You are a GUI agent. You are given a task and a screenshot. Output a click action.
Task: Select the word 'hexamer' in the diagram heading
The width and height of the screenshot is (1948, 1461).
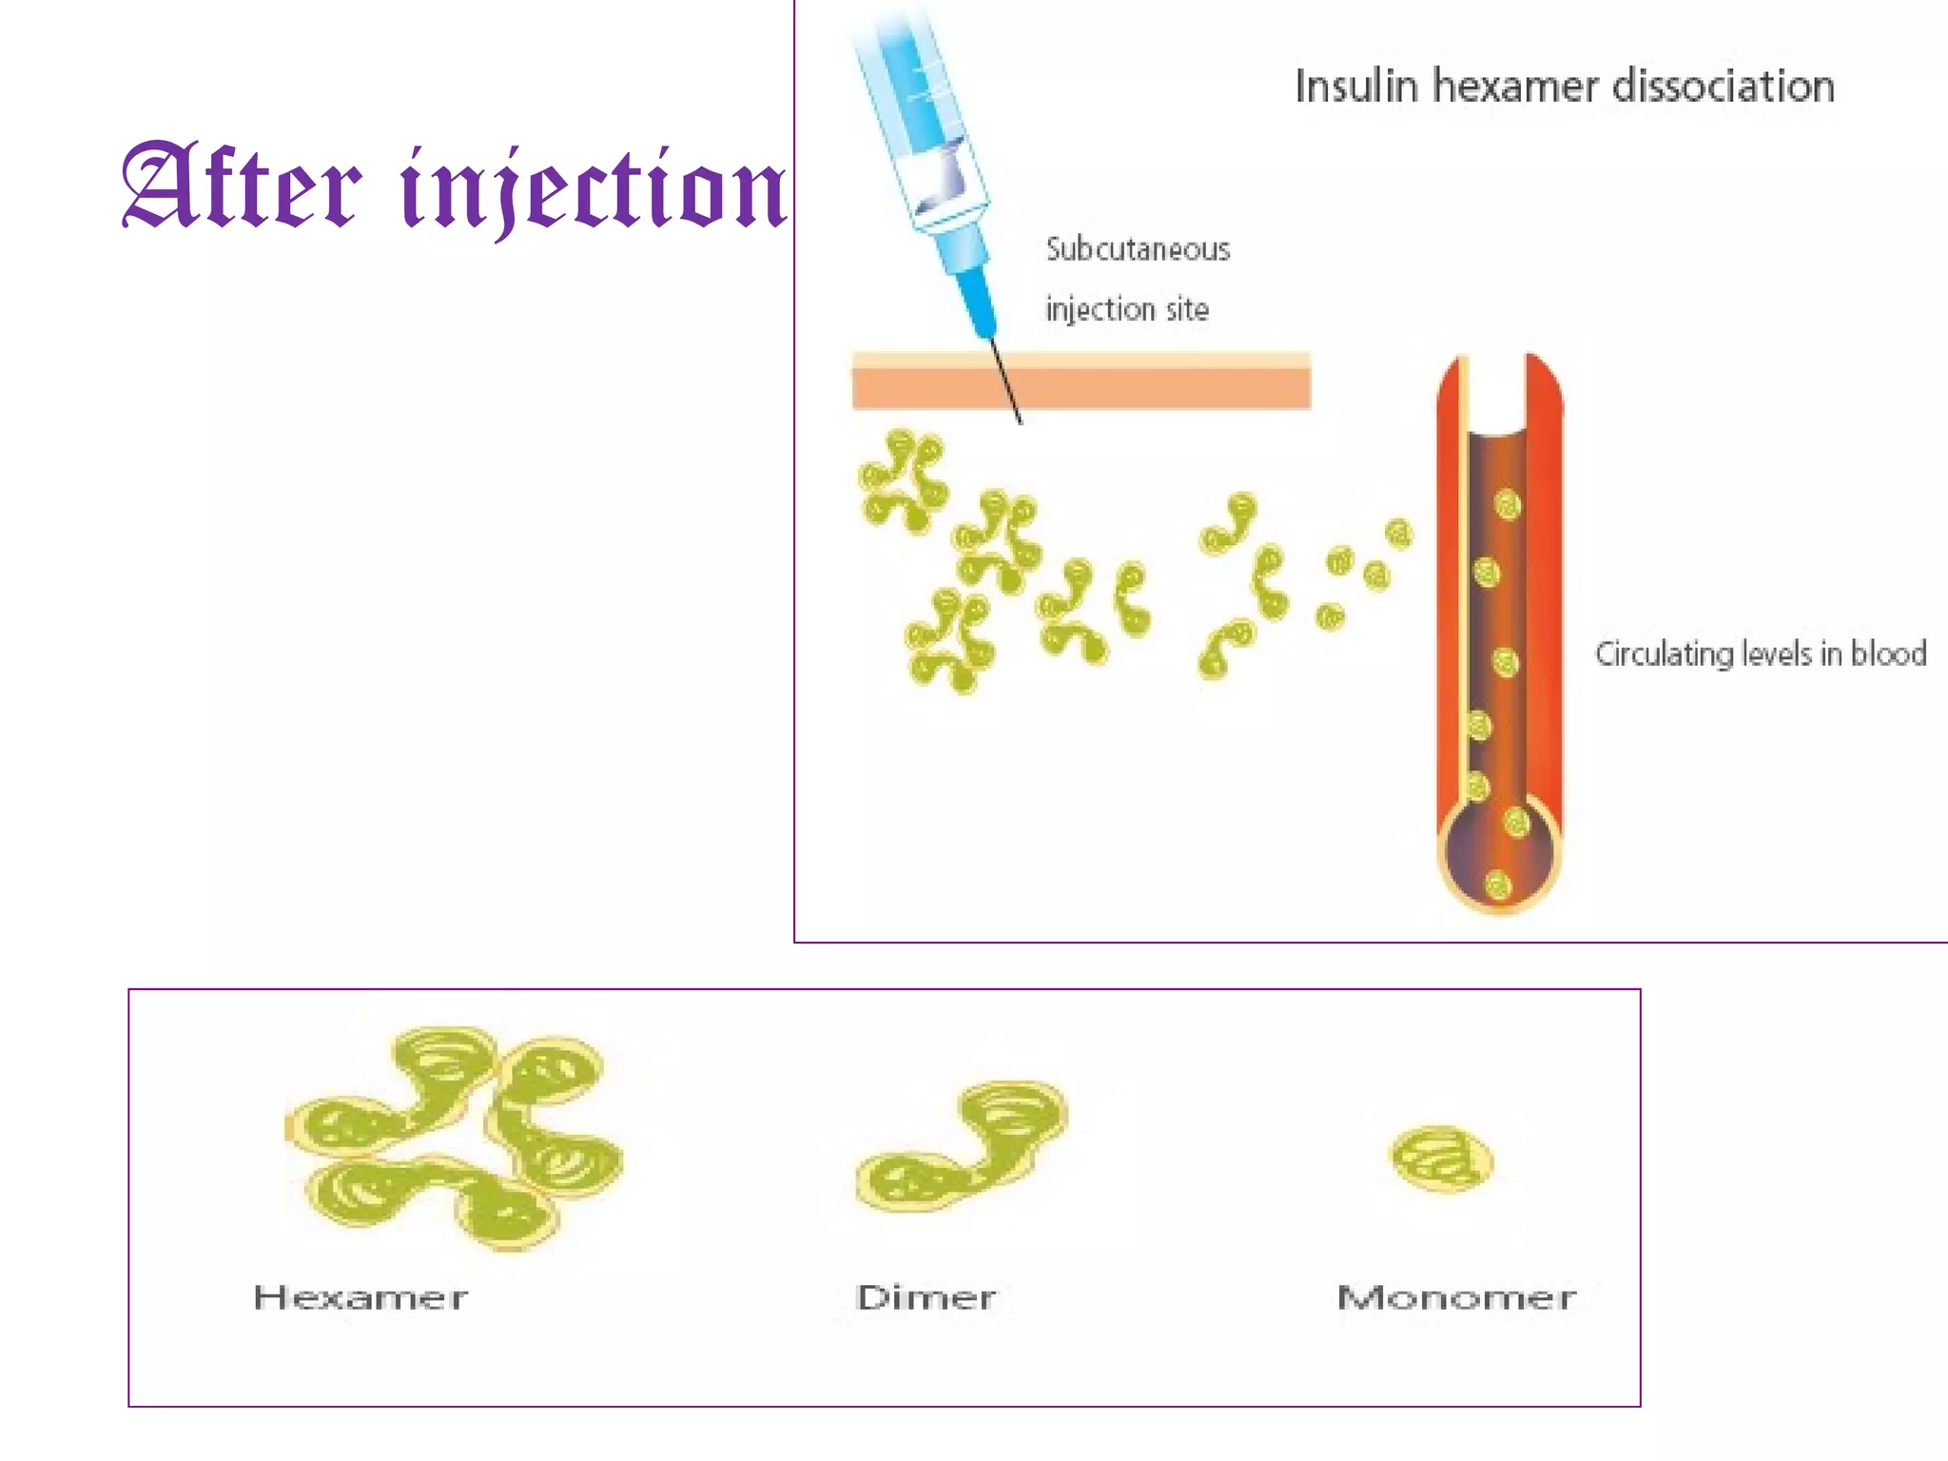[x=1515, y=87]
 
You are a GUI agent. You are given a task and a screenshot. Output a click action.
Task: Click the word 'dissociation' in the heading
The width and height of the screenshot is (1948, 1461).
[x=1724, y=87]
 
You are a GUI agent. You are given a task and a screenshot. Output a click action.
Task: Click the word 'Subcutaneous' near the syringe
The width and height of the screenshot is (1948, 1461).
[x=1138, y=249]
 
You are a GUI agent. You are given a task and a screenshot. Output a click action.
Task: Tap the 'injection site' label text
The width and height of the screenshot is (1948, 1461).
[x=1127, y=309]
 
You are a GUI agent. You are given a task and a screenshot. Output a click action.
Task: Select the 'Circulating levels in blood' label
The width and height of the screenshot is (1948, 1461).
[x=1761, y=654]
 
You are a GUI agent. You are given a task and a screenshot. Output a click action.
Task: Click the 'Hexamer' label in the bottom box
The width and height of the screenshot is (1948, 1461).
[x=360, y=1297]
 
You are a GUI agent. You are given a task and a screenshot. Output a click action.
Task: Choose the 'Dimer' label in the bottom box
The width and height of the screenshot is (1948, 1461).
[x=925, y=1297]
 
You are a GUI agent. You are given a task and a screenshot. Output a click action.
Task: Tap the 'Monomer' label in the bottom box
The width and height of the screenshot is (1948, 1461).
[x=1456, y=1297]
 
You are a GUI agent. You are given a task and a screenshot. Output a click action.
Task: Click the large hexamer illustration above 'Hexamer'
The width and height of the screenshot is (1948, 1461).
[x=455, y=1137]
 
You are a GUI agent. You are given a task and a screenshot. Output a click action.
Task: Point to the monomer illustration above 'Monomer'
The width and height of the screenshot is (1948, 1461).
[x=1442, y=1159]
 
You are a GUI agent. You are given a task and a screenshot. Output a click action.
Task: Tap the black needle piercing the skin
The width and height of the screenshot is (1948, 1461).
[x=1005, y=380]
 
